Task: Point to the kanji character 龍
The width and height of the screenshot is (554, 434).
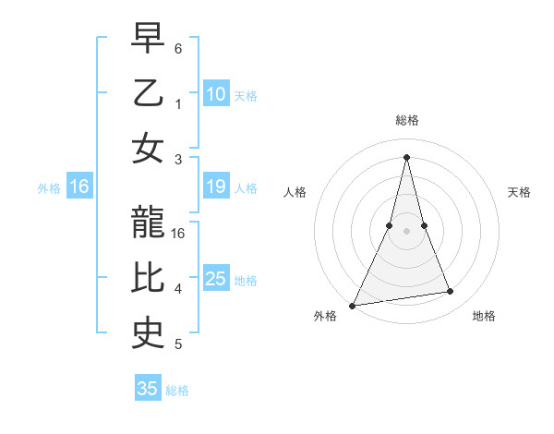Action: pyautogui.click(x=148, y=223)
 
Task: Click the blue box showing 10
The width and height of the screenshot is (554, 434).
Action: pyautogui.click(x=216, y=93)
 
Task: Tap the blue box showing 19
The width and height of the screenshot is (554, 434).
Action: pyautogui.click(x=216, y=187)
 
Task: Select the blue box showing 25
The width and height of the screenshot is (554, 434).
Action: pyautogui.click(x=216, y=279)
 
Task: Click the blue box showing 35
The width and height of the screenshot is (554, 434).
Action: pyautogui.click(x=148, y=389)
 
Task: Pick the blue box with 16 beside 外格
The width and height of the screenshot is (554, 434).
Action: pyautogui.click(x=79, y=187)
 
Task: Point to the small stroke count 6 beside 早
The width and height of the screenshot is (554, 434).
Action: pyautogui.click(x=178, y=48)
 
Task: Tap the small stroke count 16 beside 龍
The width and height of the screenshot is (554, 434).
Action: pyautogui.click(x=179, y=234)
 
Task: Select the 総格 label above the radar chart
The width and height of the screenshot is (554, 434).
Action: pyautogui.click(x=406, y=120)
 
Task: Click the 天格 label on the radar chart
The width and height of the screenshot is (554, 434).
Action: pyautogui.click(x=519, y=192)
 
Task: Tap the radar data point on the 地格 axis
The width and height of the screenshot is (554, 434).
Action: pyautogui.click(x=451, y=292)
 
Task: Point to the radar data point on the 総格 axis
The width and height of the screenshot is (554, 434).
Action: pyautogui.click(x=406, y=157)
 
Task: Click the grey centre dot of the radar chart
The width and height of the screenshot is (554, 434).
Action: pyautogui.click(x=406, y=231)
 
